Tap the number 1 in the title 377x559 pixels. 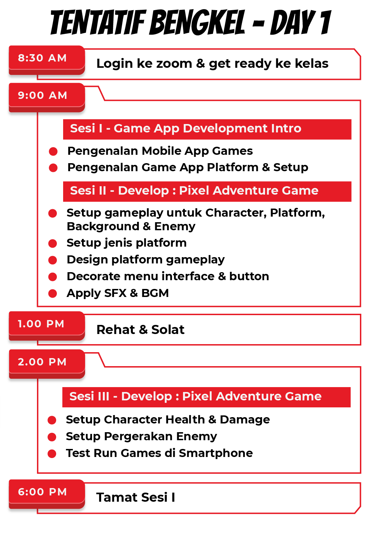(325, 23)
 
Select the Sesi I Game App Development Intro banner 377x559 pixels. (207, 129)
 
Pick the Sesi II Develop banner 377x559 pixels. (207, 191)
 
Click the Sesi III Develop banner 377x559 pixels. (206, 397)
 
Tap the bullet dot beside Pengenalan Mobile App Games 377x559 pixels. (53, 151)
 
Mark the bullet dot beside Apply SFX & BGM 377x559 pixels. (53, 293)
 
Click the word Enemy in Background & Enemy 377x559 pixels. (175, 227)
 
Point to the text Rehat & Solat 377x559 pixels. (140, 330)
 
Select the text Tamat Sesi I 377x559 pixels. (136, 498)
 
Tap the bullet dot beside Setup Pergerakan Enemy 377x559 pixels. (52, 437)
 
